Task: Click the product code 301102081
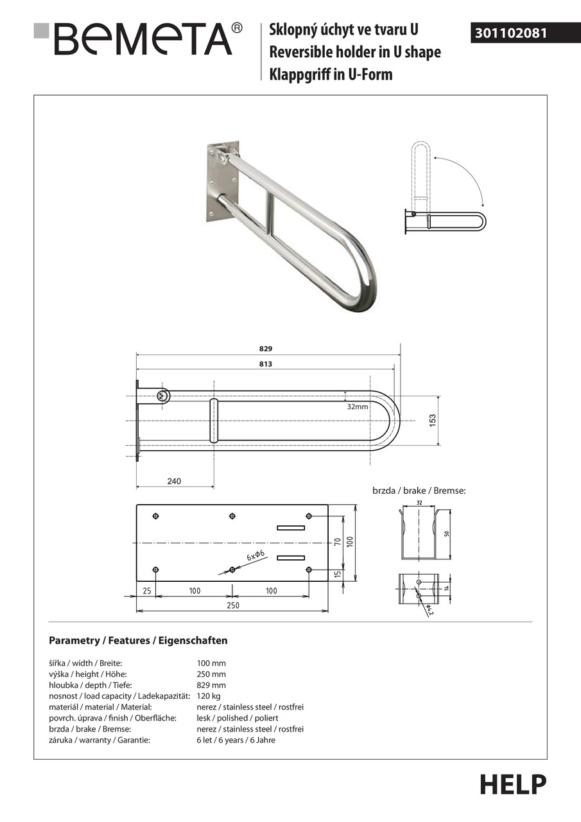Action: (511, 33)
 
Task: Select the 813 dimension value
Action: (266, 364)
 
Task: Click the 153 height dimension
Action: (433, 420)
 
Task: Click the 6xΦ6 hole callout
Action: (255, 556)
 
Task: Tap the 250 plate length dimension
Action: (232, 605)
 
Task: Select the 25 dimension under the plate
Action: (147, 591)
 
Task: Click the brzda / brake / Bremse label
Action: (419, 491)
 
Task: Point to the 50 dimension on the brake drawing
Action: (446, 533)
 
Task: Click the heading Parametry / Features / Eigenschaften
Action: (138, 640)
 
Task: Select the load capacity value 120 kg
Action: (209, 696)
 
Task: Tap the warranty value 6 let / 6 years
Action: (236, 740)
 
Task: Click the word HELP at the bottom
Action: (512, 784)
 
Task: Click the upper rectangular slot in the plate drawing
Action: (291, 527)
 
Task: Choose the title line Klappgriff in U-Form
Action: (331, 74)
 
